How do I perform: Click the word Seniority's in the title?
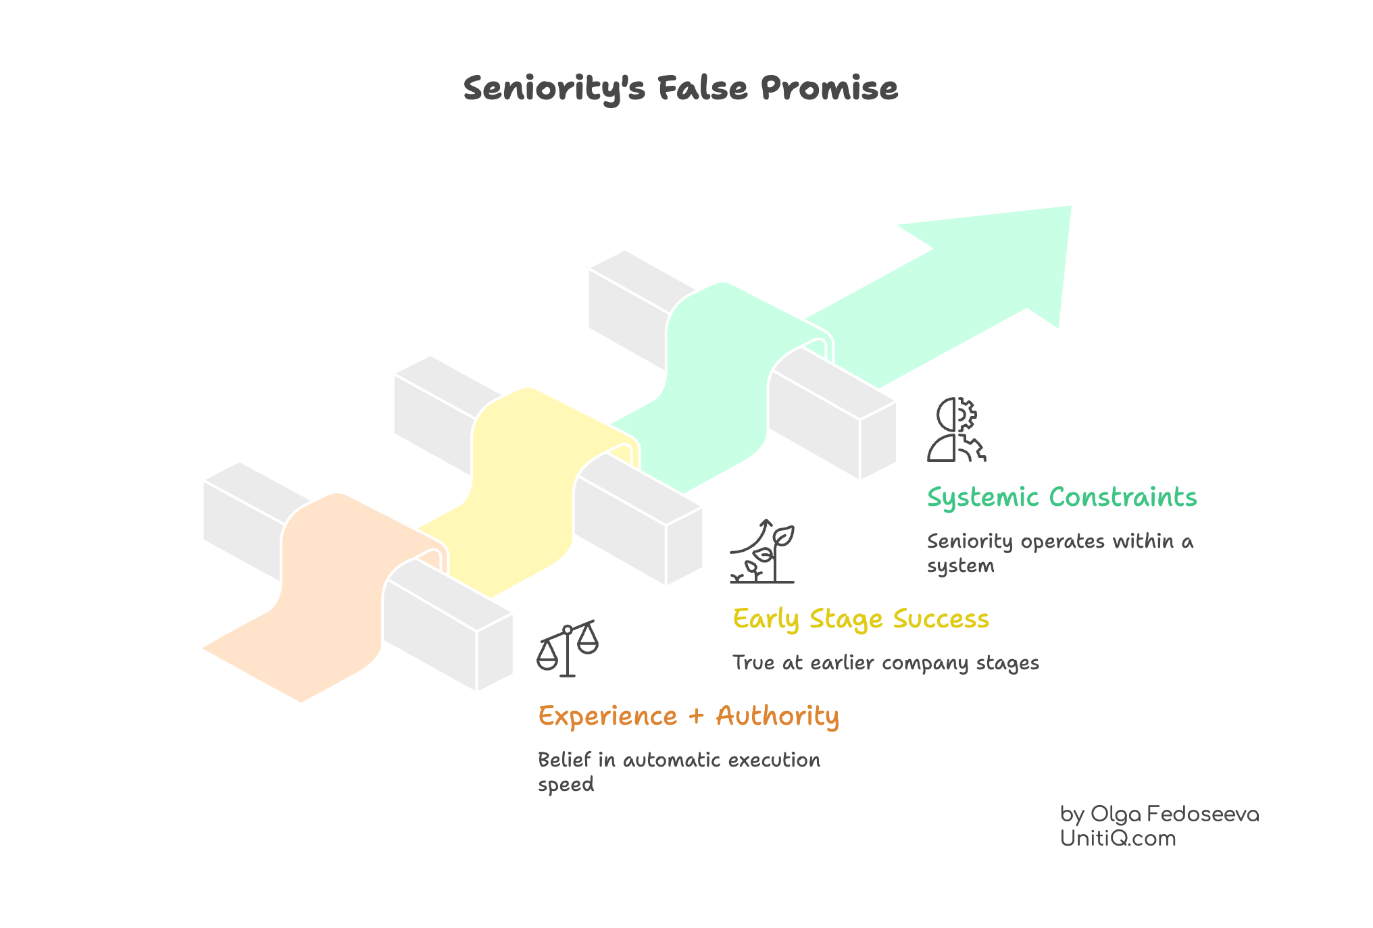click(554, 89)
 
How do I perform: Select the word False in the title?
click(703, 88)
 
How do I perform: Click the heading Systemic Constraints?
click(1062, 498)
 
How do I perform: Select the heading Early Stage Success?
click(861, 619)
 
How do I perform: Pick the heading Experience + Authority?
click(688, 717)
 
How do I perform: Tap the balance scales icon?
click(568, 648)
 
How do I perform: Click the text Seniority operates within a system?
click(1059, 552)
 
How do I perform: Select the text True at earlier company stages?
click(886, 663)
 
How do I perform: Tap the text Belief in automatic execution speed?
click(678, 771)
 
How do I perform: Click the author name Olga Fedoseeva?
click(1174, 815)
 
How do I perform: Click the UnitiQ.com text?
click(1118, 839)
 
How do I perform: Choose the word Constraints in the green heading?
click(1123, 498)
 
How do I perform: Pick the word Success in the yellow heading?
click(941, 619)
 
